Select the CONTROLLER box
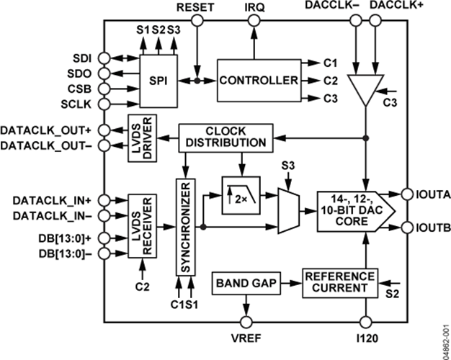pos(258,79)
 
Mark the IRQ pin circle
pos(253,22)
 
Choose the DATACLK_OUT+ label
pos(48,130)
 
